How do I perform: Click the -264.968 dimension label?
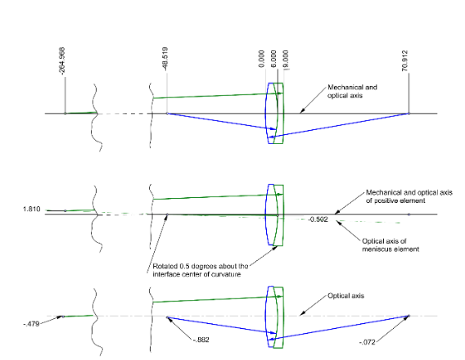[62, 61]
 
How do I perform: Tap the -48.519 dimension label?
[165, 59]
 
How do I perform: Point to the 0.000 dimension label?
[261, 59]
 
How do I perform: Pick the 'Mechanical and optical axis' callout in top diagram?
[352, 92]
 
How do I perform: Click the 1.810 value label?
[31, 209]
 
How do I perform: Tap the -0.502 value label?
[318, 219]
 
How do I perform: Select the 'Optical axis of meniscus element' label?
[391, 245]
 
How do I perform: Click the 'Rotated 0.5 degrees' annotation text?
[201, 270]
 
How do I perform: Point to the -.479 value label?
[31, 324]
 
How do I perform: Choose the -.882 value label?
[201, 340]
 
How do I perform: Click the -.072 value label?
[367, 342]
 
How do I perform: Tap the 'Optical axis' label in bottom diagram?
[345, 295]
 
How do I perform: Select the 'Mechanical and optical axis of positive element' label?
[409, 196]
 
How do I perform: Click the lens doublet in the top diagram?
[276, 114]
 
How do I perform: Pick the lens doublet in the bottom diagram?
[276, 317]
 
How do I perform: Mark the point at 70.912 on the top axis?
[409, 114]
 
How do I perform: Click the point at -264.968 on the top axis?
[65, 114]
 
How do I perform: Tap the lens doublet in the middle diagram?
[276, 215]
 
